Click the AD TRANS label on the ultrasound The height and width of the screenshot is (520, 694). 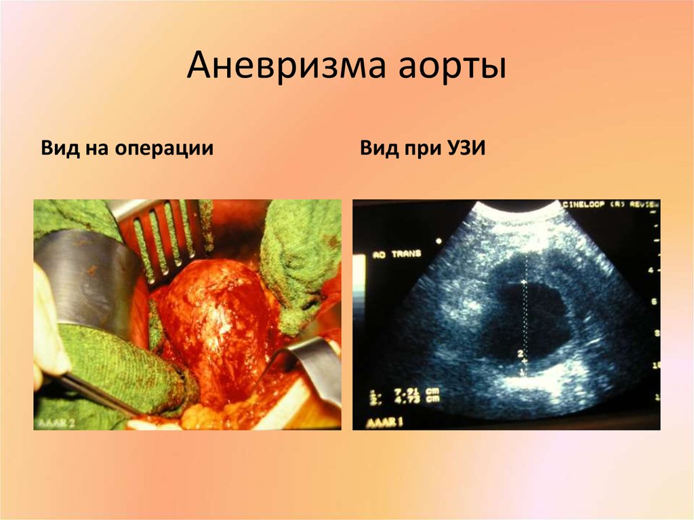396,254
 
